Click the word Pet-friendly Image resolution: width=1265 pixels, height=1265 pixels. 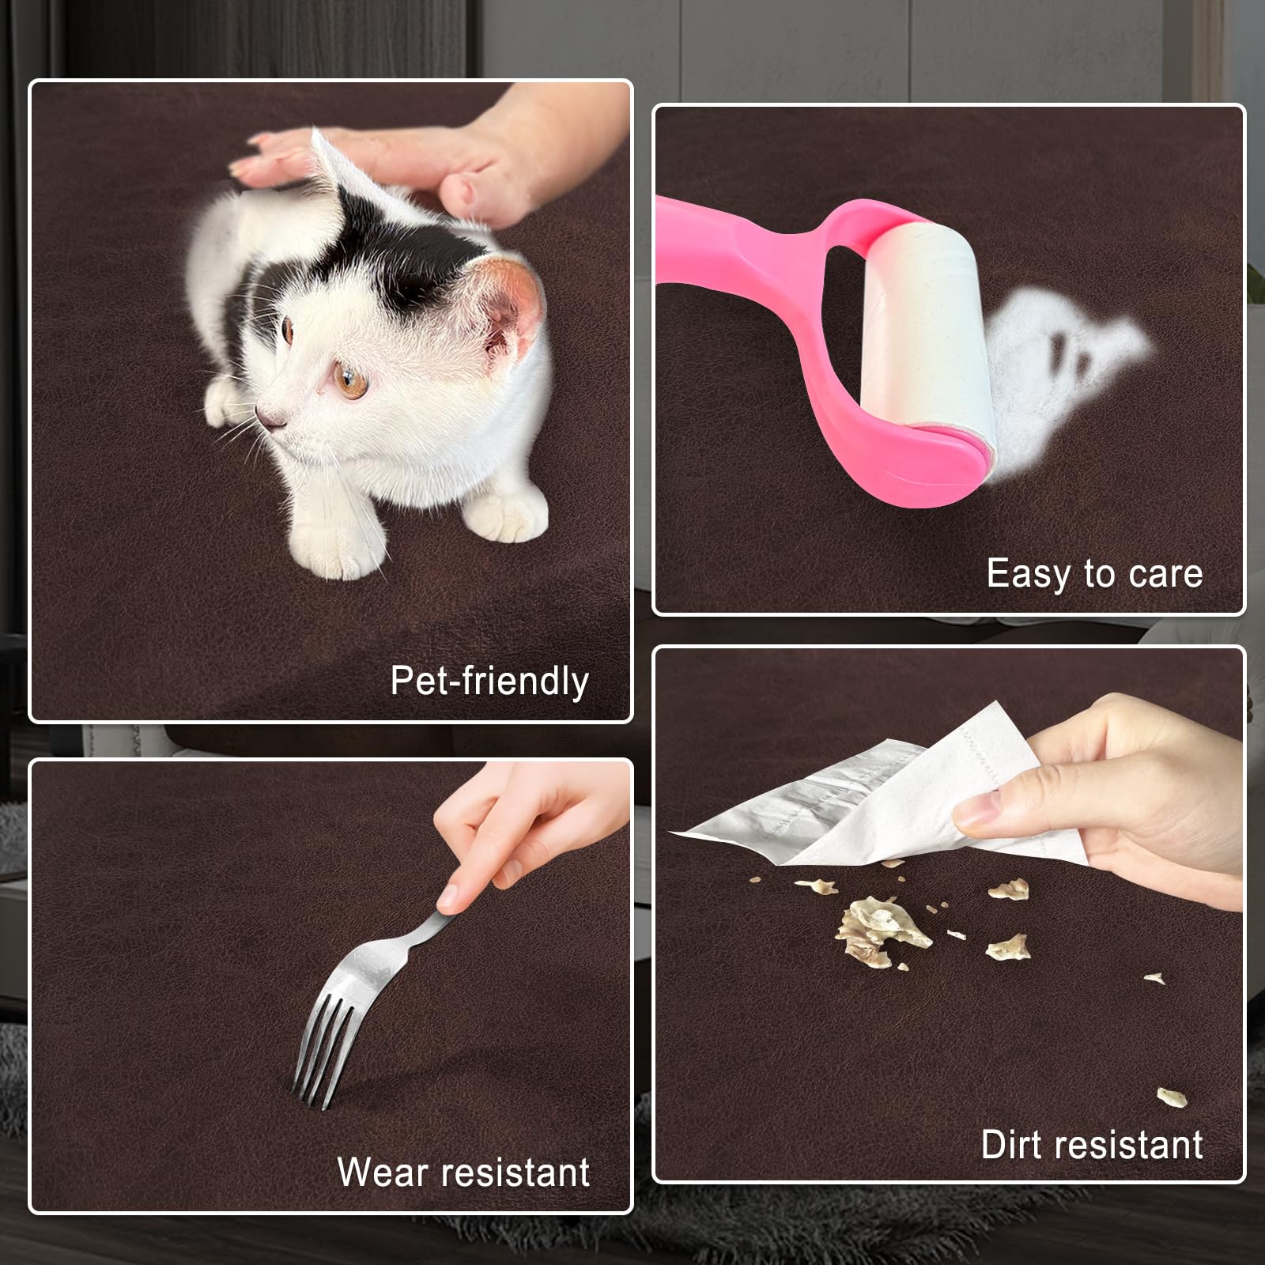click(490, 682)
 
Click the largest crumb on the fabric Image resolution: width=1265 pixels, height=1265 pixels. click(882, 930)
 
